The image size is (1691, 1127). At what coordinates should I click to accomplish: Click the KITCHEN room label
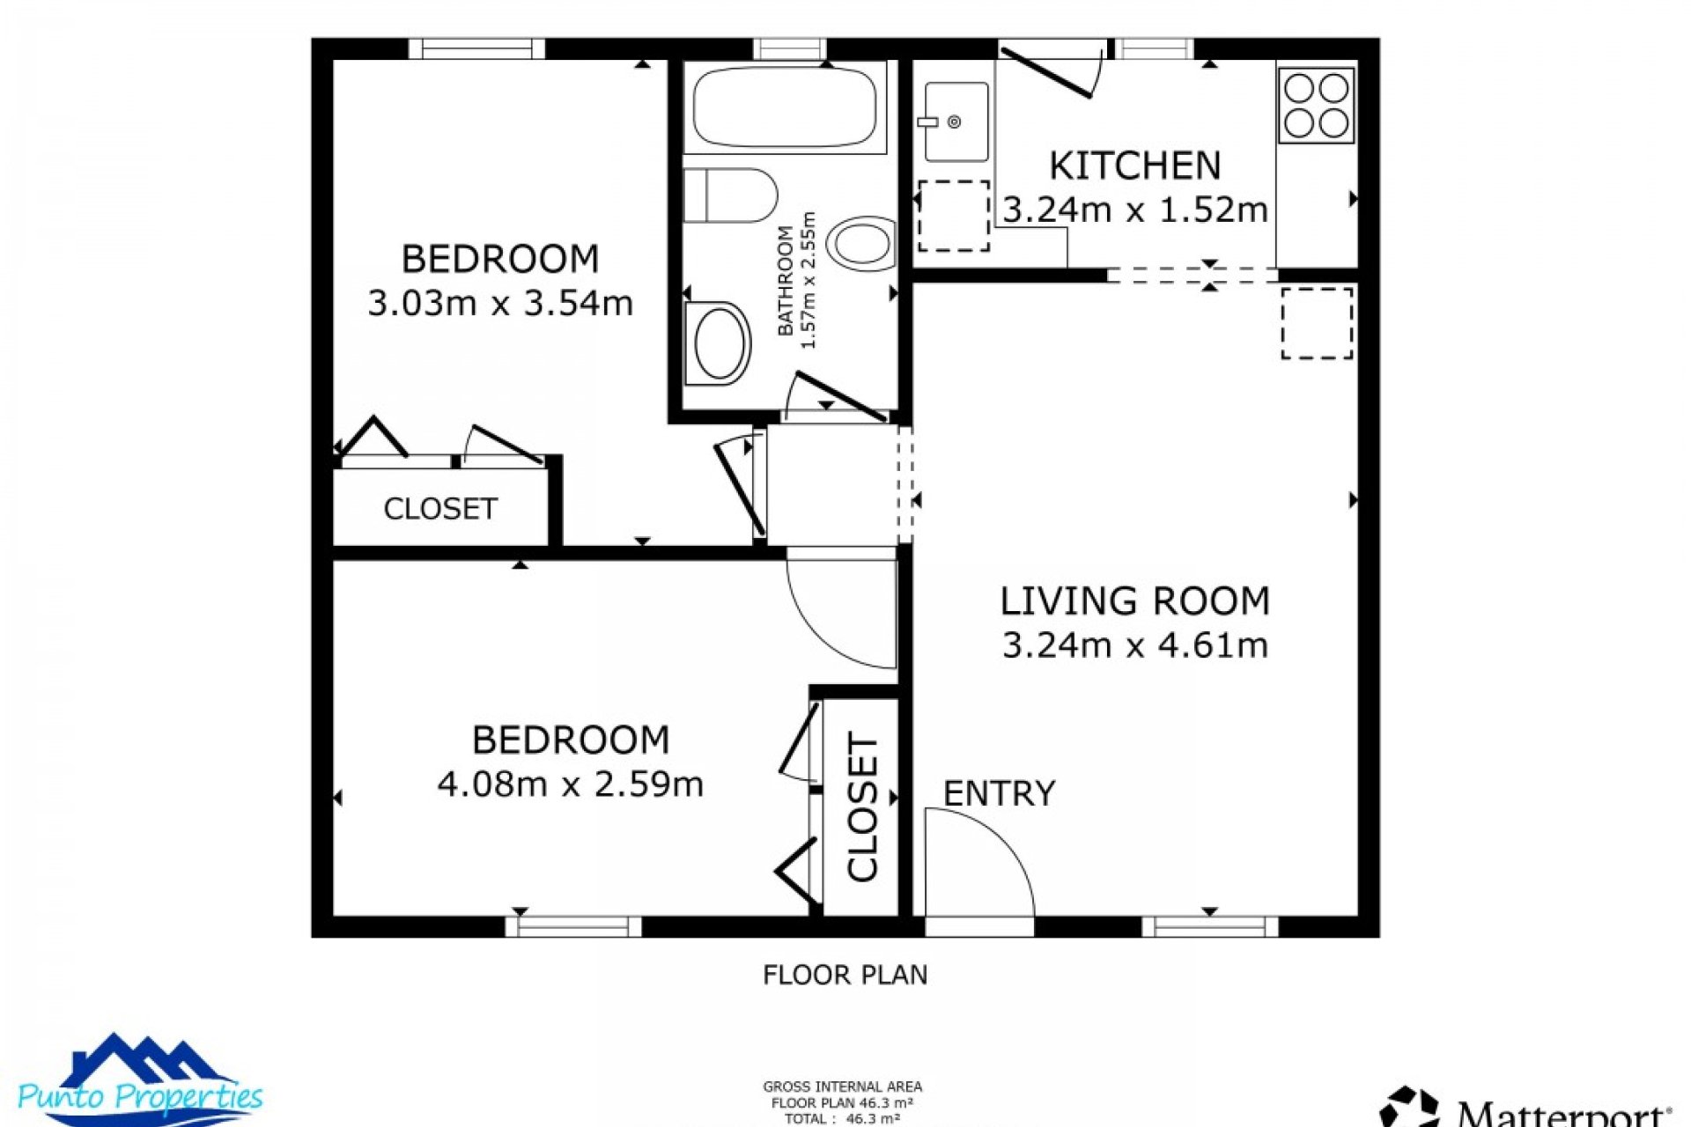click(x=1134, y=166)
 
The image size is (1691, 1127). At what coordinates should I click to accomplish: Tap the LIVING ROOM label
click(x=1134, y=601)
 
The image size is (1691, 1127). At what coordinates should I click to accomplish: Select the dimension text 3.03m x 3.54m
click(x=499, y=303)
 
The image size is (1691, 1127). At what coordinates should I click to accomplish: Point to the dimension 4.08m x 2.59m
click(x=570, y=784)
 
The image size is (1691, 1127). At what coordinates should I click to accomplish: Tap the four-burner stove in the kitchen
click(x=1316, y=106)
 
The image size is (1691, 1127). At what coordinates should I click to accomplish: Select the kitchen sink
click(x=955, y=122)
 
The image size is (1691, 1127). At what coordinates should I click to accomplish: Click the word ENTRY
click(x=999, y=794)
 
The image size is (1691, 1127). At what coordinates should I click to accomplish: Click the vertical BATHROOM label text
click(x=786, y=280)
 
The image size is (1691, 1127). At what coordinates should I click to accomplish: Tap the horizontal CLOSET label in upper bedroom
click(x=440, y=509)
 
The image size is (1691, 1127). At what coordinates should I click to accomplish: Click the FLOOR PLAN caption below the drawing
click(x=845, y=975)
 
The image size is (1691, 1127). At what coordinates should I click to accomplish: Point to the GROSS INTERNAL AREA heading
click(x=842, y=1087)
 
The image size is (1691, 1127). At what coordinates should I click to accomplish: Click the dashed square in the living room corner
click(x=1316, y=322)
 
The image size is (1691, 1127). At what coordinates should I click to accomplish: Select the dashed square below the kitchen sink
click(x=954, y=217)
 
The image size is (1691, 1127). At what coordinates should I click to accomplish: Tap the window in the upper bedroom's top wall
click(x=476, y=48)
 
